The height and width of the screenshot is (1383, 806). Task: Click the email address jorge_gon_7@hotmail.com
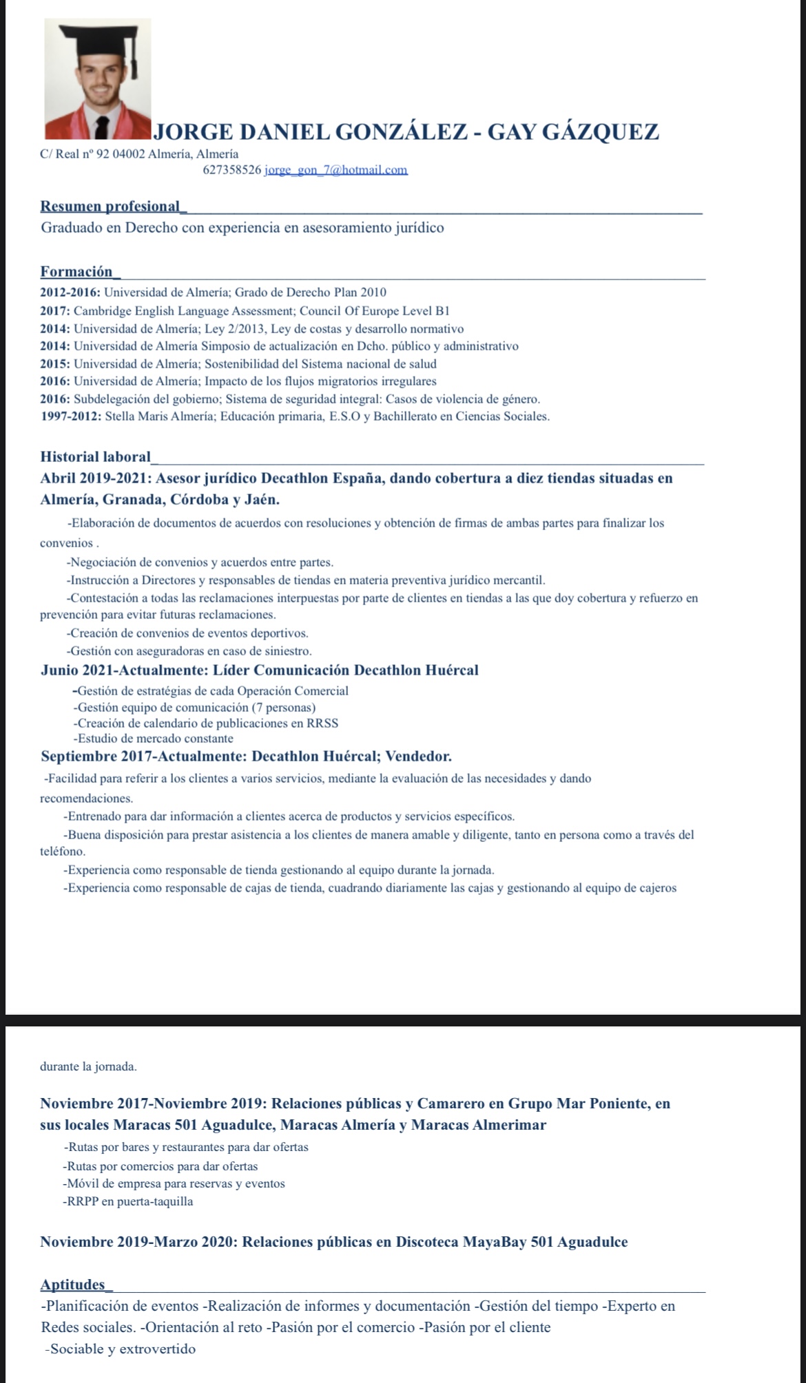pos(336,169)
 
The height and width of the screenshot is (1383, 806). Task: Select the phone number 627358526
pos(232,169)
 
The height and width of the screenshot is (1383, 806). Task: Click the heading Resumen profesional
pos(110,206)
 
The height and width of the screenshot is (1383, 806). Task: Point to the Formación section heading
pos(76,271)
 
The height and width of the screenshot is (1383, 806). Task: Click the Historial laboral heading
pos(96,456)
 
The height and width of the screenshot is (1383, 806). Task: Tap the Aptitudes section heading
pos(73,1285)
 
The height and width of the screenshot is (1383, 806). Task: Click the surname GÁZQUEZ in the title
pos(601,131)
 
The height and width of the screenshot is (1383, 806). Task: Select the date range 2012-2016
pos(70,293)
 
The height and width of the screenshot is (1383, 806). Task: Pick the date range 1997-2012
pos(70,416)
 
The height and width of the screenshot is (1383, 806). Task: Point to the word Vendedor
pos(418,757)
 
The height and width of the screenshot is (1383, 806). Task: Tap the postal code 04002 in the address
pos(130,154)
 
